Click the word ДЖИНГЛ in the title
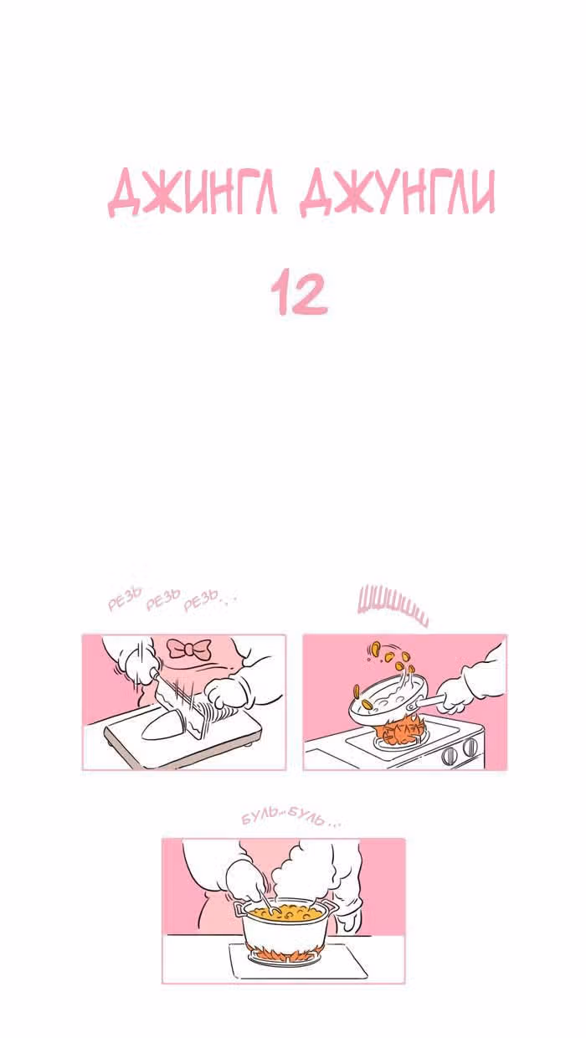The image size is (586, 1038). (193, 192)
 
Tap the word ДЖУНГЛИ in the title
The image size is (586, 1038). (398, 192)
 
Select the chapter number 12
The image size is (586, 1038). (300, 293)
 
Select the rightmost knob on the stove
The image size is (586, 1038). (470, 747)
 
